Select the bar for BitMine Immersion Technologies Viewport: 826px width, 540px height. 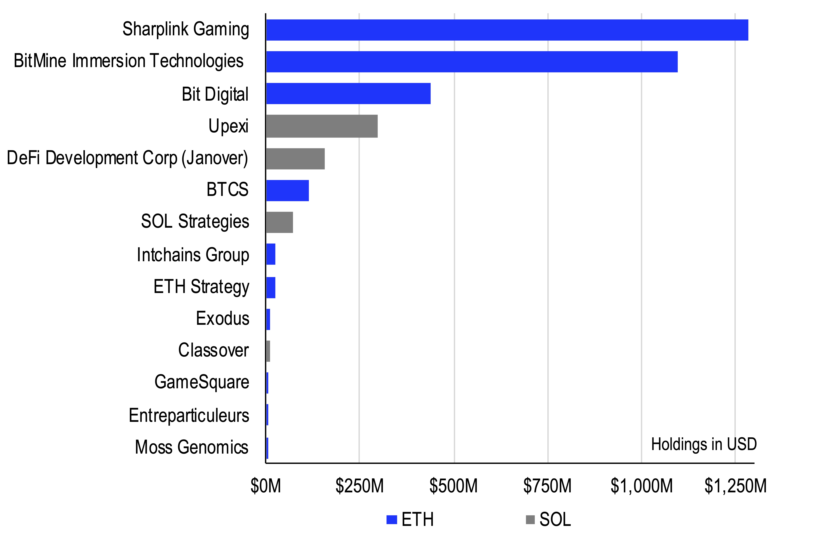471,62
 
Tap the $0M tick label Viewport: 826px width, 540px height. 265,486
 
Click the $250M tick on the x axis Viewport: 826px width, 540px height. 359,486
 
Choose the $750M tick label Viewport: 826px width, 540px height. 547,486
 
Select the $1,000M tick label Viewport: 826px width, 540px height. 641,486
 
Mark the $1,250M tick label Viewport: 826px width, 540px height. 735,486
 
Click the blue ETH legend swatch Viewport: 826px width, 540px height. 392,520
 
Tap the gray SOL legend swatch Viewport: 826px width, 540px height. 530,520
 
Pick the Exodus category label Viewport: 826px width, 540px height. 223,318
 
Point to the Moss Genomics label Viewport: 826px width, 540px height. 192,447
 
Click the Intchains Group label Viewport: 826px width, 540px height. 193,255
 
